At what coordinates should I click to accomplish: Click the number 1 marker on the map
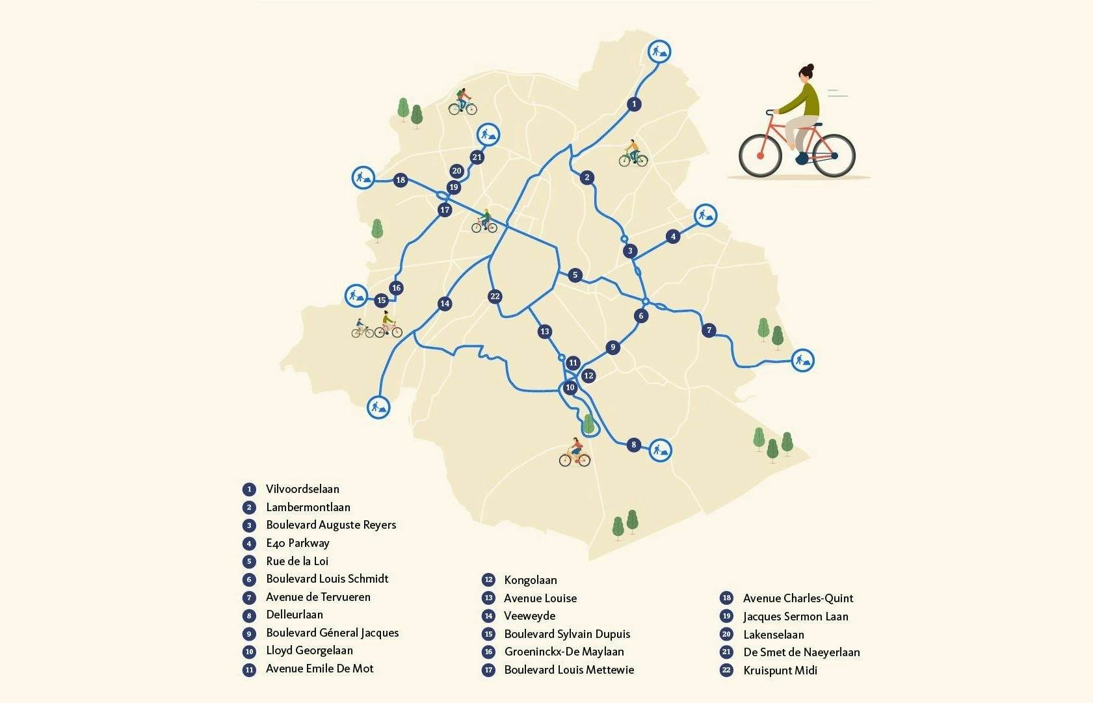tap(635, 104)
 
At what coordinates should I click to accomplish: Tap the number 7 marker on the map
tap(709, 330)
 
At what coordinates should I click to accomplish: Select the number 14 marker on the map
tap(445, 304)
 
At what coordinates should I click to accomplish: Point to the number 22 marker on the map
tap(495, 297)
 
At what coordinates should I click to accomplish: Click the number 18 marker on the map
tap(401, 180)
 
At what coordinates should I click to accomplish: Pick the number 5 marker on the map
tap(575, 275)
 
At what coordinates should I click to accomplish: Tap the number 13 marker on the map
tap(545, 332)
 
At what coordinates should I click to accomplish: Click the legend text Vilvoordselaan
tap(302, 489)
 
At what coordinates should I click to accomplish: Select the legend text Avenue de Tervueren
tap(318, 597)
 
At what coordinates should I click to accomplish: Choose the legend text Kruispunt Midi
tap(780, 670)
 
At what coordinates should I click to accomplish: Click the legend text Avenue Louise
tap(540, 598)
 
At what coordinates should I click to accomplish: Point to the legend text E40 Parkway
tap(298, 543)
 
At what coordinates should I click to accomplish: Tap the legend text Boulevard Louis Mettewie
tap(569, 670)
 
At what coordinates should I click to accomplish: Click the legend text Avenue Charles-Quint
tap(798, 598)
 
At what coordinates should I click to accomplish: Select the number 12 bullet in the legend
tap(488, 580)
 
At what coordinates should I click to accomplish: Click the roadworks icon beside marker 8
tap(661, 449)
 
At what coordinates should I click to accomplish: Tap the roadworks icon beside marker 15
tap(356, 296)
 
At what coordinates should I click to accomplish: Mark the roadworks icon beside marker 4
tap(705, 215)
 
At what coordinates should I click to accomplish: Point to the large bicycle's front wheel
tap(834, 155)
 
